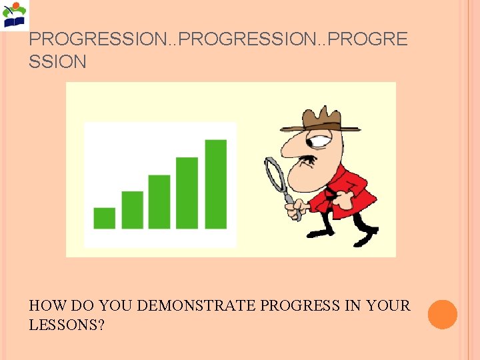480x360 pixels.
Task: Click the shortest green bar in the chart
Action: click(x=105, y=218)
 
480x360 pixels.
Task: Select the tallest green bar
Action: click(x=215, y=183)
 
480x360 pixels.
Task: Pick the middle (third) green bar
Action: click(x=159, y=201)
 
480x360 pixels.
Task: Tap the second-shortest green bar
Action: click(x=132, y=209)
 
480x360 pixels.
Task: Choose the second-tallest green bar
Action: click(x=187, y=193)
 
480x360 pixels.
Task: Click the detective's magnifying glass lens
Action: click(x=275, y=175)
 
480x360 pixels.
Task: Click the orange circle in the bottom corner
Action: click(x=443, y=314)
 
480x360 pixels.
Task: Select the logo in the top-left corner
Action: click(x=15, y=15)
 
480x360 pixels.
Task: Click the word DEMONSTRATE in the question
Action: click(x=197, y=306)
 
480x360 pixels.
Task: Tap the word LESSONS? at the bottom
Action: click(x=66, y=325)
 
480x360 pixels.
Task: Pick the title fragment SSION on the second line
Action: click(x=58, y=62)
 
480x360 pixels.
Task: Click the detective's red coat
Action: click(x=350, y=190)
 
